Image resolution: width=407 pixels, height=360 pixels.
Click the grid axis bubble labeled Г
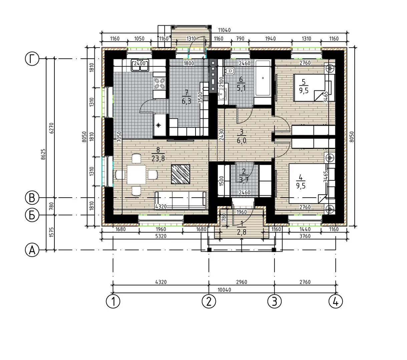[x=32, y=59]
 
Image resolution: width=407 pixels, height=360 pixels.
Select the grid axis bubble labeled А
[x=32, y=250]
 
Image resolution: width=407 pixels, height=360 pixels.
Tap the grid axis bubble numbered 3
[x=275, y=301]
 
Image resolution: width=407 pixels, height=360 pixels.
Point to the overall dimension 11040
[x=225, y=30]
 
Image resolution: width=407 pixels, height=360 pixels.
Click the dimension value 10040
[x=225, y=290]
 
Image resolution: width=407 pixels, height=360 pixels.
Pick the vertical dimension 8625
[x=43, y=154]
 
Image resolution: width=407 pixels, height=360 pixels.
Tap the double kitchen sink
[x=140, y=65]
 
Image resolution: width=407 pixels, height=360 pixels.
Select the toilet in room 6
[x=230, y=71]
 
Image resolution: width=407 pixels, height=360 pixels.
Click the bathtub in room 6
[x=263, y=78]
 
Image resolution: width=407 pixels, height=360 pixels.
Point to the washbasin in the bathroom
[x=223, y=94]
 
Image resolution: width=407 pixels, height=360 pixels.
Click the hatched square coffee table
[x=180, y=174]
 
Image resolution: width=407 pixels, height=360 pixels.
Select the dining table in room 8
[x=136, y=174]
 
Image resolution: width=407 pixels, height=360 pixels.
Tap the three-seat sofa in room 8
[x=180, y=201]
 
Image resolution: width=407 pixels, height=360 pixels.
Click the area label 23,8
[x=158, y=159]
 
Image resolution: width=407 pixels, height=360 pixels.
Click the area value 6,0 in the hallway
[x=241, y=141]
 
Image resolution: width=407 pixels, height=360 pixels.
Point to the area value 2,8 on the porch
[x=241, y=232]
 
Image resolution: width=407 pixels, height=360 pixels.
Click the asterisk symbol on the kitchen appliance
[x=158, y=125]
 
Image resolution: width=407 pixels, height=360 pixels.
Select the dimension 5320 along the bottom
[x=161, y=236]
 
